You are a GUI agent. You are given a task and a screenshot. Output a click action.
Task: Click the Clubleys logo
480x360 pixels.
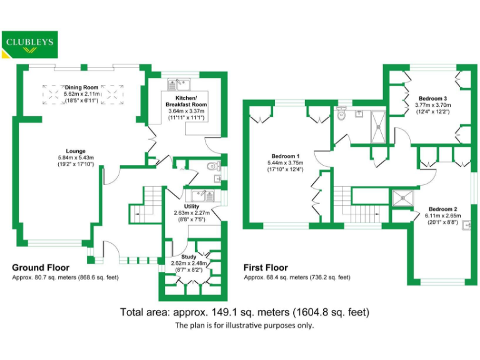coord(29,44)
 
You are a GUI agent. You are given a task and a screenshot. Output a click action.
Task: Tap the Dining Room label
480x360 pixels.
coord(81,88)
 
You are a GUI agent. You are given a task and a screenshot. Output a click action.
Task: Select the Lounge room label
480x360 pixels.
coord(76,151)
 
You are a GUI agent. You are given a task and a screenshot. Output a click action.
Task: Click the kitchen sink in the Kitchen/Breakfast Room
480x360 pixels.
coord(178,82)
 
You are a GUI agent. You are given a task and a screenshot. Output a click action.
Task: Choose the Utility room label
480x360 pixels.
coord(191,206)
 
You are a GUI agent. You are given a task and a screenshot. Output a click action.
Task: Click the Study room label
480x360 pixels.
coord(189,256)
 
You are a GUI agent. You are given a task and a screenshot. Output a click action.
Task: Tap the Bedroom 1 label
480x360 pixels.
coord(285,156)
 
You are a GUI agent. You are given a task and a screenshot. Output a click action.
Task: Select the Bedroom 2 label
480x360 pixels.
coord(443,209)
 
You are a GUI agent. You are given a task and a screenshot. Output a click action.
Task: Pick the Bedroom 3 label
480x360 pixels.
coord(432,99)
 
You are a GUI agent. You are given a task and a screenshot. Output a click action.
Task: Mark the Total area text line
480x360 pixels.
coord(244,311)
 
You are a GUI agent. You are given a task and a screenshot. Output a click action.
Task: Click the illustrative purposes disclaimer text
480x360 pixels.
coord(244,326)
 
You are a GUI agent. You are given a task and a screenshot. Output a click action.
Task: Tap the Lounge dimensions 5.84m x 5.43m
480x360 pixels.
coord(76,157)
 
